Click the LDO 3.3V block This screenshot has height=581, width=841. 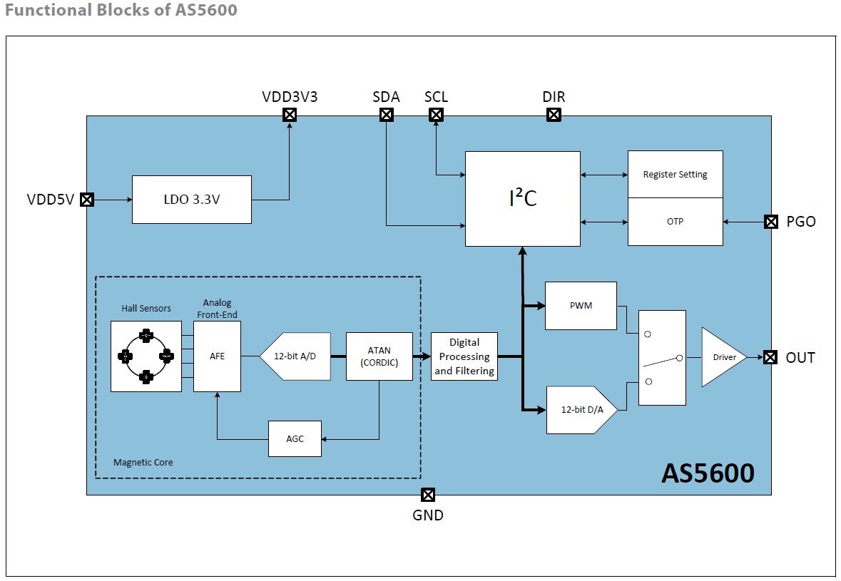point(191,200)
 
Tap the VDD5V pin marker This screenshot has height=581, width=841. point(87,200)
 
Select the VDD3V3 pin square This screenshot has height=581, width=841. point(290,115)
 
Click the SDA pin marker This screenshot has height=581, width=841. point(387,115)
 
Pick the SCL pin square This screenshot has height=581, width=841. point(436,115)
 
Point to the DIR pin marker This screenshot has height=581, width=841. point(554,115)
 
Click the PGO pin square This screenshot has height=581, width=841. point(771,222)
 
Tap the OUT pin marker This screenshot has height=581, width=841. point(770,357)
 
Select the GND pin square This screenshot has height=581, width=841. point(428,495)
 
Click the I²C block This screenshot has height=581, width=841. point(523,199)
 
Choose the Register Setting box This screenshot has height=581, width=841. point(676,174)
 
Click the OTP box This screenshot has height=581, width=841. point(676,222)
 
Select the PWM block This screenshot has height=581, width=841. point(581,306)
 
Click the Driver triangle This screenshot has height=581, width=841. point(721,357)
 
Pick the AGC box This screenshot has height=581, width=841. point(295,439)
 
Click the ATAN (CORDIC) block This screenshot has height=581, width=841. point(379,356)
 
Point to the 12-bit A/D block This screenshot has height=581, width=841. point(295,356)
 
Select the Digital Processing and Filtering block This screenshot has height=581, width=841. point(464,356)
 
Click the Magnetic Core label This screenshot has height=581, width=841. point(143,463)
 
